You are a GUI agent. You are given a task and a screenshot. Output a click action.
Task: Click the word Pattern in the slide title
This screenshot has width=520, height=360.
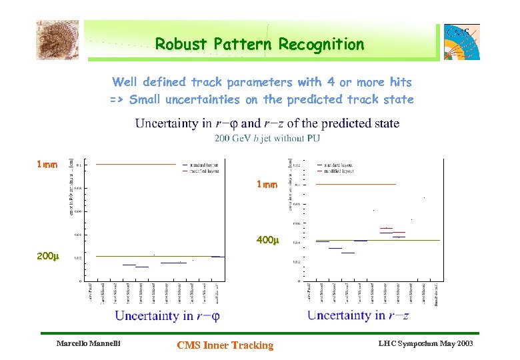(x=242, y=45)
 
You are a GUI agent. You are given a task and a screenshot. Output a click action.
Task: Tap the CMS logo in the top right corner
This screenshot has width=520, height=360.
(x=462, y=41)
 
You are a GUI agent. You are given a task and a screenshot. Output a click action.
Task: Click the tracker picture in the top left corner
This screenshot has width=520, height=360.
(x=57, y=39)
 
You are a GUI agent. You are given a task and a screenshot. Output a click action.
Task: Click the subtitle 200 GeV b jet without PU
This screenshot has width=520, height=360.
(x=267, y=139)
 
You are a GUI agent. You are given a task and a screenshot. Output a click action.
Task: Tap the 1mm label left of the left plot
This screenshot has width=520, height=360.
(x=47, y=164)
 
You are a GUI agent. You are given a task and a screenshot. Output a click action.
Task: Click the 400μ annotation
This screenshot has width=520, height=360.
(x=267, y=240)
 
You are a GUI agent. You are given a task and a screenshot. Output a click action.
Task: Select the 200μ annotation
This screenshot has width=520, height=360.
(x=47, y=256)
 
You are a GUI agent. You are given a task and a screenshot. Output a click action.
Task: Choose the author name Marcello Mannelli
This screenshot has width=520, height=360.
(x=88, y=344)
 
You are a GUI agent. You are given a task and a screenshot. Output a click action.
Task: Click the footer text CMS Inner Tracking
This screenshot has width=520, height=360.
(x=225, y=345)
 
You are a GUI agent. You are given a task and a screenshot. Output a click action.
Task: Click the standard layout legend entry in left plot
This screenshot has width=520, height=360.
(x=203, y=164)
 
